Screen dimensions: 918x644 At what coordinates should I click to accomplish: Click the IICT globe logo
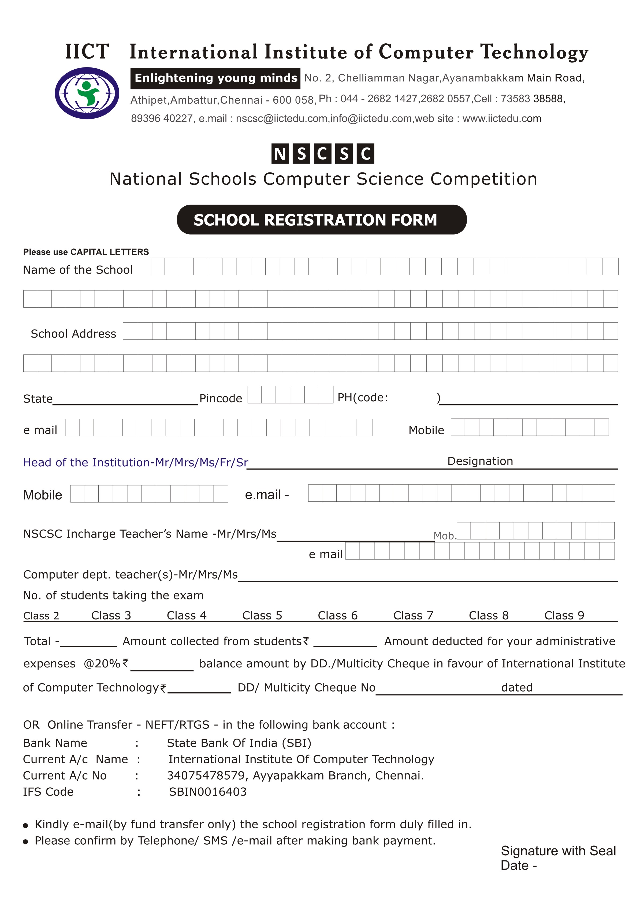(x=87, y=93)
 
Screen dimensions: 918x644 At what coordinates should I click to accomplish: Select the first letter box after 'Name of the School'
(x=158, y=267)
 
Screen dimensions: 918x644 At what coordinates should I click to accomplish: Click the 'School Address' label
(x=73, y=334)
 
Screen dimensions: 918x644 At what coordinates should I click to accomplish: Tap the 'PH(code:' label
(x=363, y=398)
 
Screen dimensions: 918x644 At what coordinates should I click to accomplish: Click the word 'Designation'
(x=480, y=461)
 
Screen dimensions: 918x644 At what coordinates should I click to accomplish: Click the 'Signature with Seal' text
(x=558, y=851)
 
